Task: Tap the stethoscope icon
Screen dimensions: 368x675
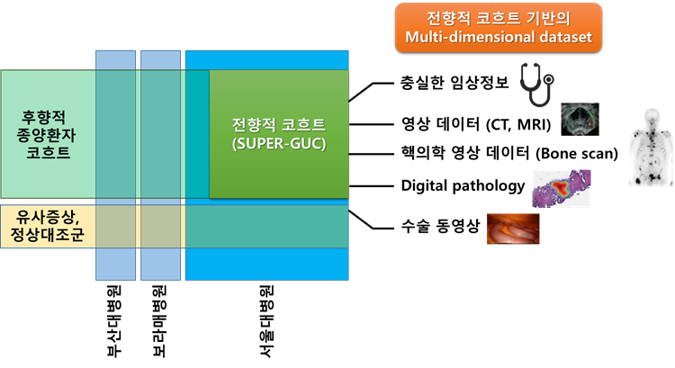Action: (x=536, y=83)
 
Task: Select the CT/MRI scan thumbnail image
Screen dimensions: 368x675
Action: (x=580, y=119)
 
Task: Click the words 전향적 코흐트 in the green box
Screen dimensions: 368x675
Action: (x=278, y=124)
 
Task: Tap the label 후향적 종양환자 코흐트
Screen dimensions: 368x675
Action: (x=47, y=135)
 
